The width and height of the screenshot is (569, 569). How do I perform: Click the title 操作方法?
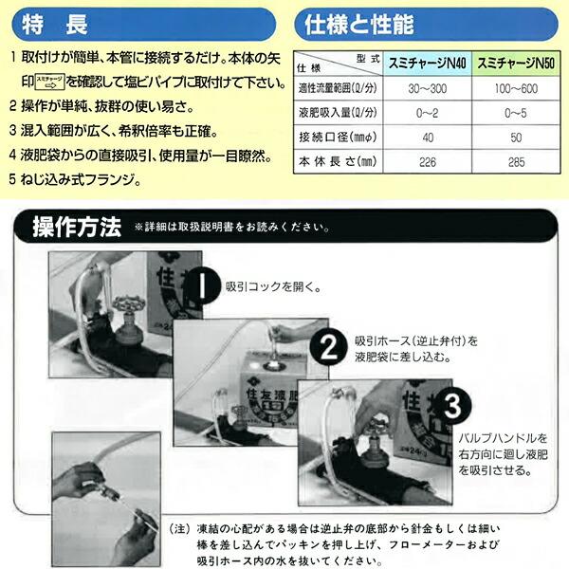pos(77,228)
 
